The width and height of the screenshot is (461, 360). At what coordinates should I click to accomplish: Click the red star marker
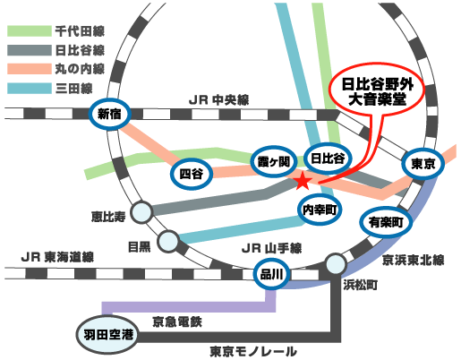303,182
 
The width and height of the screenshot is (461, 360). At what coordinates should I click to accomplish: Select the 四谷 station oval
191,170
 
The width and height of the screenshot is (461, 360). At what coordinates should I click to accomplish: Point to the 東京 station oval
422,164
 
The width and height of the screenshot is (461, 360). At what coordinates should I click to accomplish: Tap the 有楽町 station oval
385,219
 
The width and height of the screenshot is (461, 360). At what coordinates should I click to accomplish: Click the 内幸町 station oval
319,209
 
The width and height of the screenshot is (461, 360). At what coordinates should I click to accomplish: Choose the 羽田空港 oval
107,334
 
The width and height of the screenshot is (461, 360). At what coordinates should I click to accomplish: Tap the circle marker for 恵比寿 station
141,212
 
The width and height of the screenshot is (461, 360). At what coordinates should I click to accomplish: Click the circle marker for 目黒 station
167,240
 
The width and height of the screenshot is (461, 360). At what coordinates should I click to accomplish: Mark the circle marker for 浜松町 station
337,264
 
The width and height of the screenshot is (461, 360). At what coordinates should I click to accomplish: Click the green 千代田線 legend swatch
29,30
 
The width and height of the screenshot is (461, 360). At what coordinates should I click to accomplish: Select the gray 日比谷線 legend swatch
29,50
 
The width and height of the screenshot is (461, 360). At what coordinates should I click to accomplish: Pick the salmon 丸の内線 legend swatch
29,69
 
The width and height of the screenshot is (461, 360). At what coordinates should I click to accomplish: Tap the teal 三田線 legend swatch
29,89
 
